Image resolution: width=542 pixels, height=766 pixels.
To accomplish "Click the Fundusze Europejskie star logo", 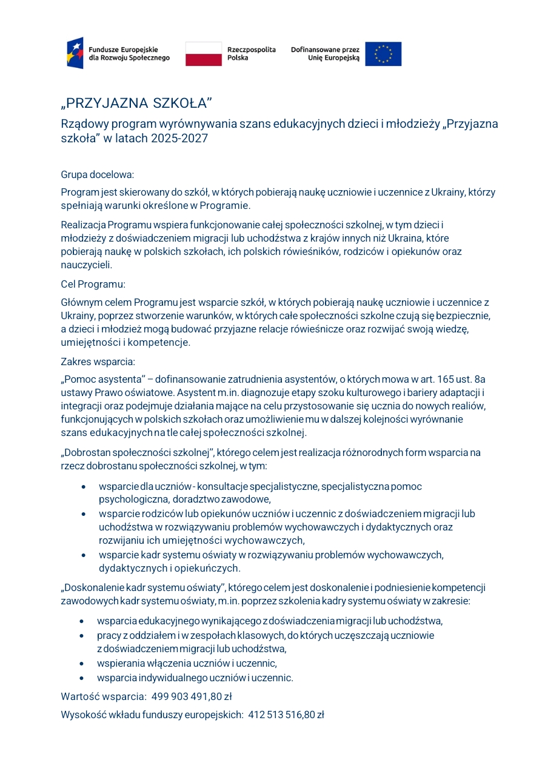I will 75,53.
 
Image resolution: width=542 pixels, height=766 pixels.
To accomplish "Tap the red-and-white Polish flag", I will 203,53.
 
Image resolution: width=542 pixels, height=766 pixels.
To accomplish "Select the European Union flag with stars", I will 383,53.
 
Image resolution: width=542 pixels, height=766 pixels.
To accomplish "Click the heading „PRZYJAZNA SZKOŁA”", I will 136,103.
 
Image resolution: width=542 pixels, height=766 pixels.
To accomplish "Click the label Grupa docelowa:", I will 97,175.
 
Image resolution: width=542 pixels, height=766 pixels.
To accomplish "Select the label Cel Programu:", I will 93,284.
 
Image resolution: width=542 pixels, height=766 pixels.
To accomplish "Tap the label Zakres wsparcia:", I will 98,362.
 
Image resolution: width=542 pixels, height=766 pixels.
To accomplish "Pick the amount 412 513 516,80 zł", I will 286,715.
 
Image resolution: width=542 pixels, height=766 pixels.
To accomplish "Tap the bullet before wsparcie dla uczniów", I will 84,487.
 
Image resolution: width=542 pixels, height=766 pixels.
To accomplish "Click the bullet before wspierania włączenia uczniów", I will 82,664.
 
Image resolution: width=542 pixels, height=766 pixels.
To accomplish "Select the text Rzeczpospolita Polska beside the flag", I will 251,53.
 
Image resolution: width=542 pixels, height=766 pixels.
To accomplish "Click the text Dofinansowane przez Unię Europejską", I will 325,53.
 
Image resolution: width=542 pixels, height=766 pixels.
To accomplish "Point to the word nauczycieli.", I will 87,265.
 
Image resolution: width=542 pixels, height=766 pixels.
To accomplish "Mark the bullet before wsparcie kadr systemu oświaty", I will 84,555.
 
